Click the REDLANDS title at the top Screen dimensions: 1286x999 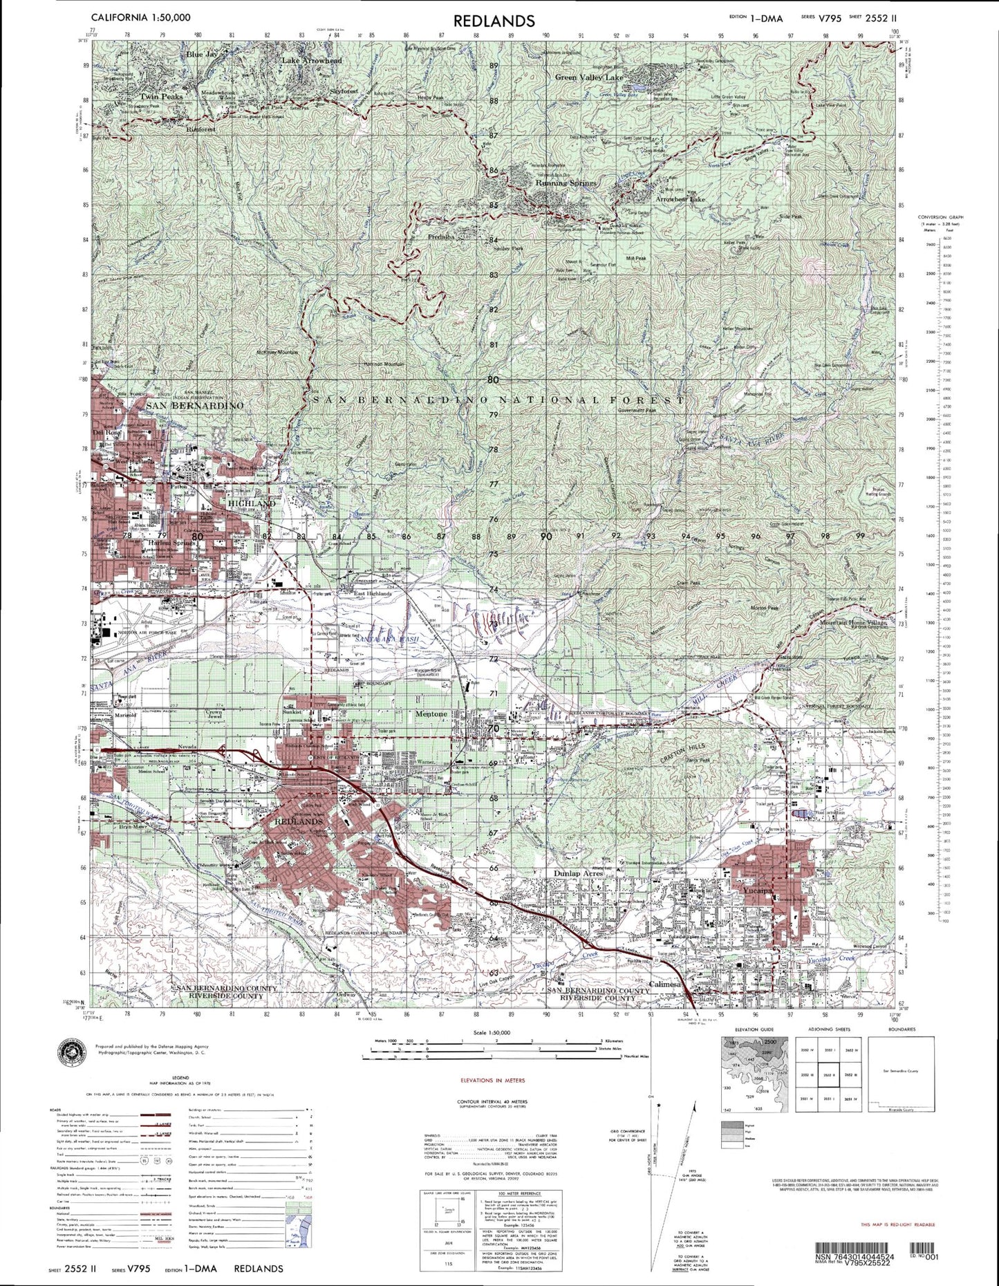[494, 21]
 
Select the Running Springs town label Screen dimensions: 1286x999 [566, 184]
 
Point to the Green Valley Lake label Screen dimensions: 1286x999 [589, 78]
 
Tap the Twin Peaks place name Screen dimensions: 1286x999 [160, 97]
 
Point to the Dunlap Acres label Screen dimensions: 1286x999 [578, 873]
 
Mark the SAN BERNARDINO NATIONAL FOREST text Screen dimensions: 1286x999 [498, 400]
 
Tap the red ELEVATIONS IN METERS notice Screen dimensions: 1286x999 [492, 1080]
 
